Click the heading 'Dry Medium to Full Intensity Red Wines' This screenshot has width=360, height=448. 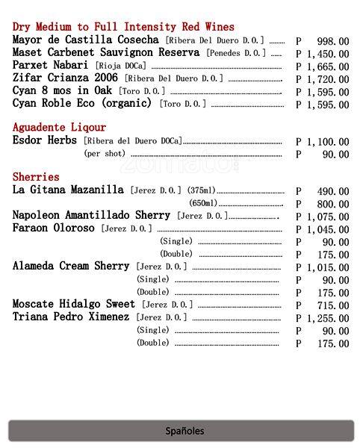pos(123,27)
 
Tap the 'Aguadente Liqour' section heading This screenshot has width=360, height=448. pos(59,128)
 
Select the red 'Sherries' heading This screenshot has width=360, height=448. pos(36,177)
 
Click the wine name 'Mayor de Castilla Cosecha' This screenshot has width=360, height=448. pos(86,40)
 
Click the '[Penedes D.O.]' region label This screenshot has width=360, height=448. pos(235,53)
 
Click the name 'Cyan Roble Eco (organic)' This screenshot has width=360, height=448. pos(82,104)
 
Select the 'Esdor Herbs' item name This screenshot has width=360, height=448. pos(45,140)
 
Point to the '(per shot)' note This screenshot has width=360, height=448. pos(105,154)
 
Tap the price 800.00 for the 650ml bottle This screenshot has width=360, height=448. pos(332,204)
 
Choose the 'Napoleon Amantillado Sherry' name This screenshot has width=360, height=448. pos(91,215)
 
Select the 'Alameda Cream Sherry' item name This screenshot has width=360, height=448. pos(71,266)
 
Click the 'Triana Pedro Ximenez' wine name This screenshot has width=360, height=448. pos(71,317)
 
